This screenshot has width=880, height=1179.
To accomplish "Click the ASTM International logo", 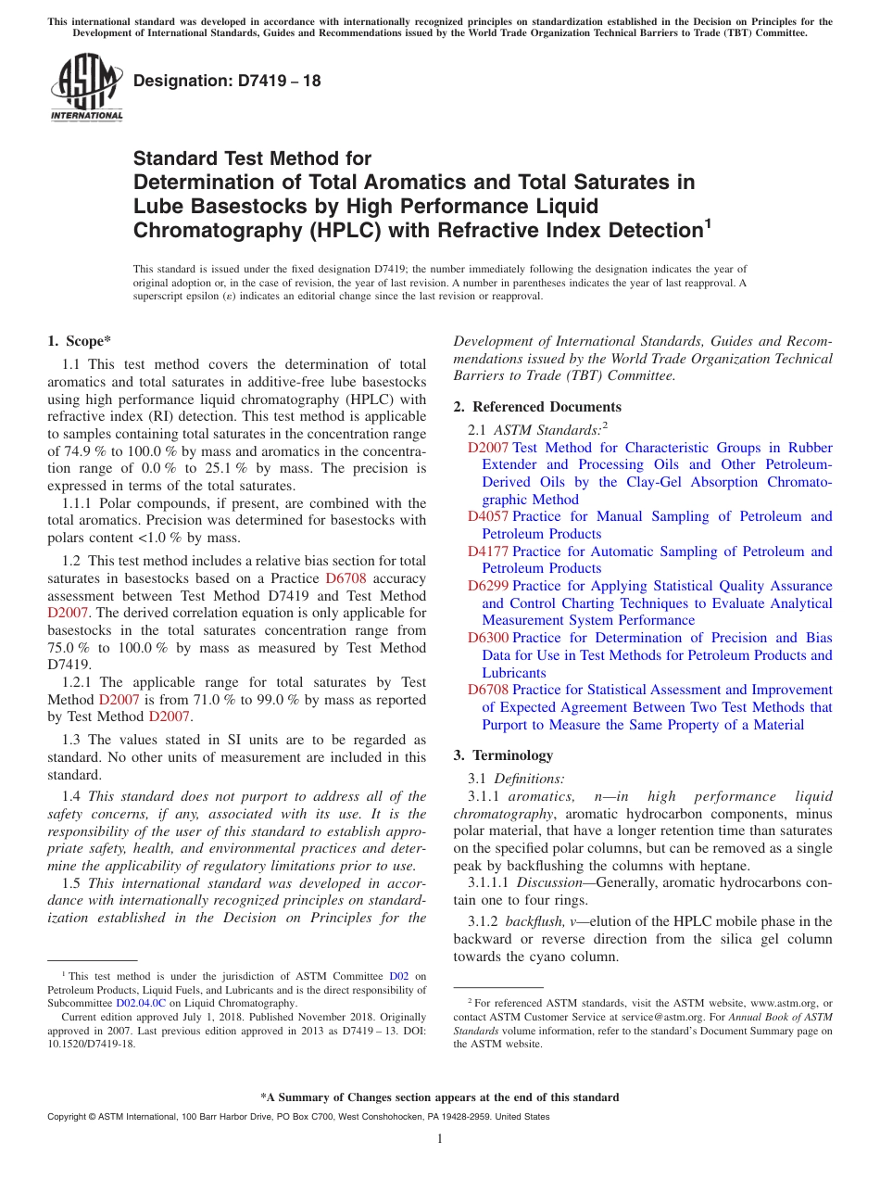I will [86, 87].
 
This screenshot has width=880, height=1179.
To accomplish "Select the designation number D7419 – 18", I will [227, 81].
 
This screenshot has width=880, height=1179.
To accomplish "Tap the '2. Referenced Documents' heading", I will [537, 407].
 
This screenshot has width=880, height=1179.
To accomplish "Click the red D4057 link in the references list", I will [488, 516].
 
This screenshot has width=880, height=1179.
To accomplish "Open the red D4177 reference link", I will [488, 551].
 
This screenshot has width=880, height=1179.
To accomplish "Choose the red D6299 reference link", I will [488, 586].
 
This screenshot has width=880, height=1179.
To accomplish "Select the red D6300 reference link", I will [488, 638].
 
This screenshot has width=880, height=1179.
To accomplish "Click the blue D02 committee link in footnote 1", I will [399, 976].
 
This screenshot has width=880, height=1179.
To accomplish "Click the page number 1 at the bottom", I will [440, 1139].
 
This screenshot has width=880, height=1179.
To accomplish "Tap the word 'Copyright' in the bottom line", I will [69, 1117].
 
